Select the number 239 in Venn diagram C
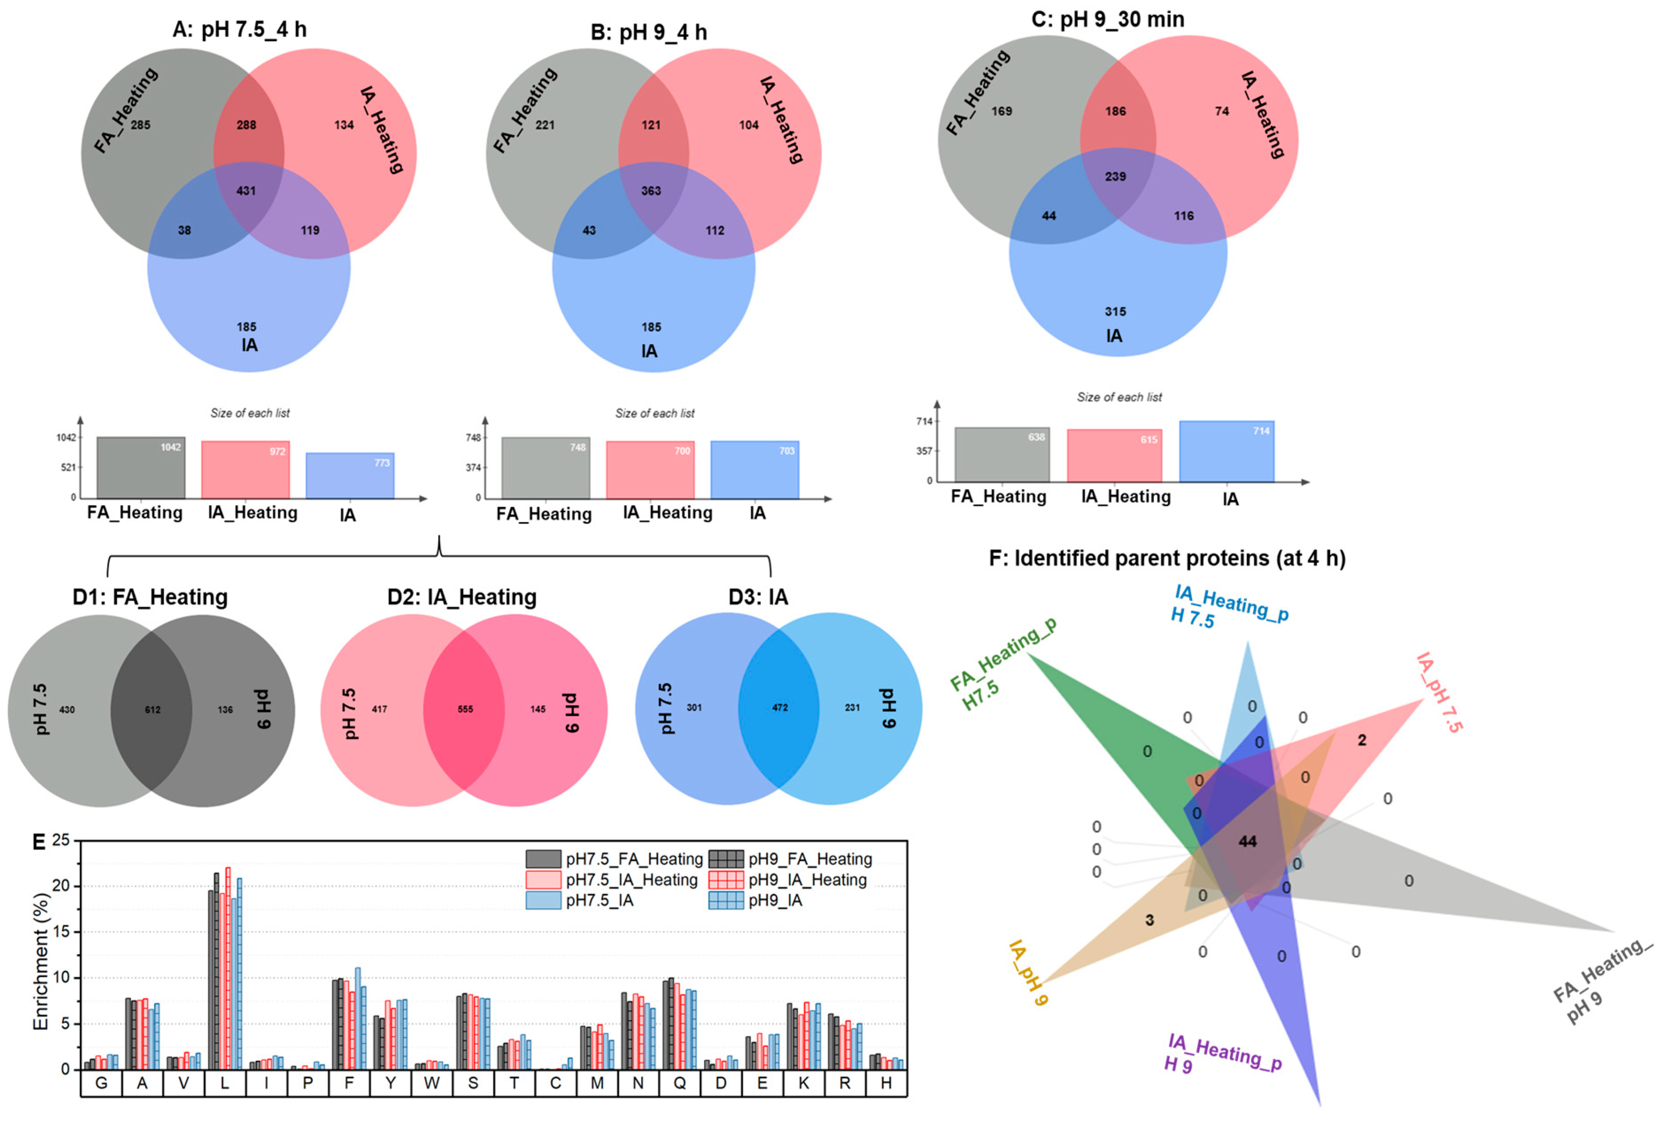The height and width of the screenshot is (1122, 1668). pos(1115,177)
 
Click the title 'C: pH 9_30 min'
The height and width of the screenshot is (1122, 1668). pos(1107,19)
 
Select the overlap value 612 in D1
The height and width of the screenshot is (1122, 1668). pos(152,710)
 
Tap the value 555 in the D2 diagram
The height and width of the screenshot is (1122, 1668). pos(465,709)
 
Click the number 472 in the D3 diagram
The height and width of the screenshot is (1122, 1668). pos(779,708)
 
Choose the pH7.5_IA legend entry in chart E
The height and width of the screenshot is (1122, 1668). pos(579,900)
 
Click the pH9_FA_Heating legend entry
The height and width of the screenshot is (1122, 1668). pos(791,859)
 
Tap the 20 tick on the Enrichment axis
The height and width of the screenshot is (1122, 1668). pos(62,886)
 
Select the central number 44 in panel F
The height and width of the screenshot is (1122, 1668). pos(1247,841)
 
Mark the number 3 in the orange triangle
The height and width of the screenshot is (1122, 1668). pos(1149,920)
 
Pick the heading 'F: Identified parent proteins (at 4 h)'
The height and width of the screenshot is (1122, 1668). pos(1166,558)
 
